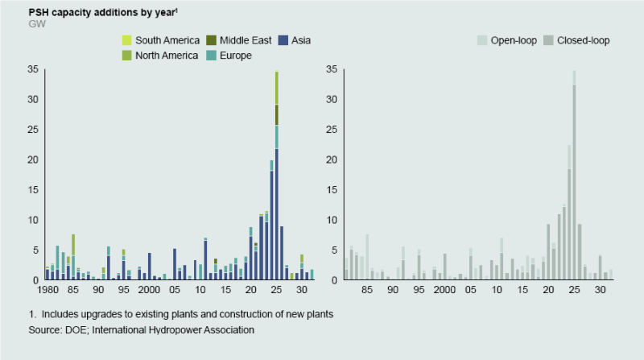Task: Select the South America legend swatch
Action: coord(126,39)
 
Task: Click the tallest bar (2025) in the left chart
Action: coord(277,177)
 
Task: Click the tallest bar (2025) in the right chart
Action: coord(574,177)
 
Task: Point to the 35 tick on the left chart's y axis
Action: coord(33,70)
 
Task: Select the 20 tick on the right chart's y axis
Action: coord(331,160)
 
